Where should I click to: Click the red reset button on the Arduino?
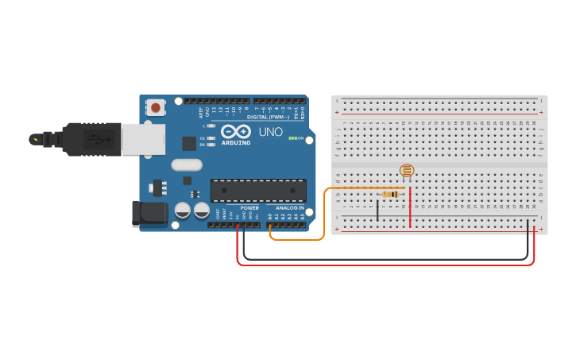point(156,107)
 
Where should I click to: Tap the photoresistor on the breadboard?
point(407,170)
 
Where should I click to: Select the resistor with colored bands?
point(390,195)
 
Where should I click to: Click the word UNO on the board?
point(270,131)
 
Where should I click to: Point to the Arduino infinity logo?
point(235,131)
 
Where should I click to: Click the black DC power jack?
point(149,214)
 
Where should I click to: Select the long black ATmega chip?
point(258,191)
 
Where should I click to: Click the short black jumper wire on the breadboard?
point(377,211)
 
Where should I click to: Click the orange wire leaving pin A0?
point(323,223)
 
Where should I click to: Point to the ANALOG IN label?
point(289,208)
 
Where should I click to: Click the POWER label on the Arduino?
point(249,208)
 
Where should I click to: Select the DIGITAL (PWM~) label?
point(268,117)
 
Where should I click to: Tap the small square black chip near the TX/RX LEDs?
point(189,143)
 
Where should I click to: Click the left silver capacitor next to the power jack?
point(183,211)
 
